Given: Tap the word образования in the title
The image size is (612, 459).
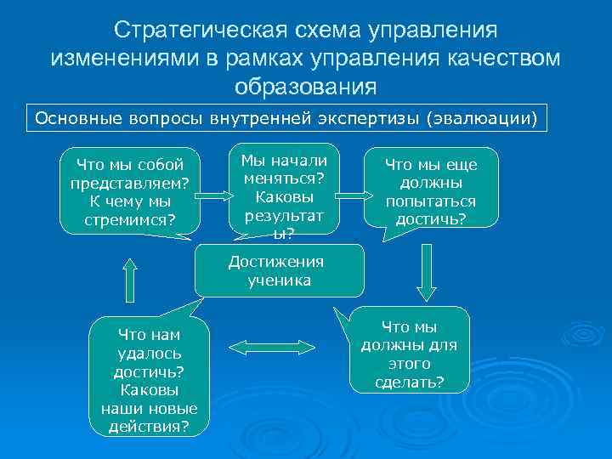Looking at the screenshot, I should point(305,86).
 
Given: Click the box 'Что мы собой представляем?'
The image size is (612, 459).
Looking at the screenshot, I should point(131,191).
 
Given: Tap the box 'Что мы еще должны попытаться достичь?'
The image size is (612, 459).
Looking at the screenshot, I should point(430,191).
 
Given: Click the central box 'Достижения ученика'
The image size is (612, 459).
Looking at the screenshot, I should point(280,271).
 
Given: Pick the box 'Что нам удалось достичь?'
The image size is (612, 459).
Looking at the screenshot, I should point(149,378).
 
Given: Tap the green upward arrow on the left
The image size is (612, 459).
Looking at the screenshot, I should point(129,280).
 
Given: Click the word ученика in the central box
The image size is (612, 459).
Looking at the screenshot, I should point(280,280).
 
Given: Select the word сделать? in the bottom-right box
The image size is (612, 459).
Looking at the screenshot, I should point(409,382).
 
